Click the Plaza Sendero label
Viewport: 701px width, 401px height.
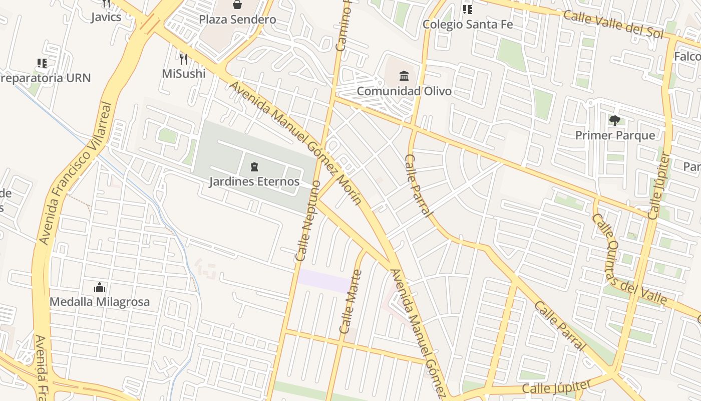[237, 20]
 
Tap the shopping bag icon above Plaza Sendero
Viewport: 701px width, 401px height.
[237, 5]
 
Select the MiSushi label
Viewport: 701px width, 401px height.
[184, 73]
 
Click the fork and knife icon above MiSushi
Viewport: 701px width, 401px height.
[184, 59]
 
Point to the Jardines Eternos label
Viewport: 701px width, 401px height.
[254, 181]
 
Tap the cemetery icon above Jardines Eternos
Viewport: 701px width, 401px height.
[254, 167]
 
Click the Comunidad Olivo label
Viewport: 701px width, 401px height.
[404, 91]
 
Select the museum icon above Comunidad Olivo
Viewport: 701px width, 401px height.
[404, 76]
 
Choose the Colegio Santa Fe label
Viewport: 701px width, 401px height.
[468, 24]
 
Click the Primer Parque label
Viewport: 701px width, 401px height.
[615, 135]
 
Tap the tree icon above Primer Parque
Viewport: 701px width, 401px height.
[615, 121]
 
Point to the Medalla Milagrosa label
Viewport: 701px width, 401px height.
[100, 302]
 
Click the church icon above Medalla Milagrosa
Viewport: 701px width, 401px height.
[100, 288]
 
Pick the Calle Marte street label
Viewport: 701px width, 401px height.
[350, 302]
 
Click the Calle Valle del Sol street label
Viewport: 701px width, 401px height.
[613, 24]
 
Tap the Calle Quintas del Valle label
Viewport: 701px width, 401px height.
[629, 261]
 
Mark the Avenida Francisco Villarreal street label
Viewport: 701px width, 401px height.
[75, 173]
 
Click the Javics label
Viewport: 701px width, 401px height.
[106, 17]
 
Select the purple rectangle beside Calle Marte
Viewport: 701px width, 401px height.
[324, 280]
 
